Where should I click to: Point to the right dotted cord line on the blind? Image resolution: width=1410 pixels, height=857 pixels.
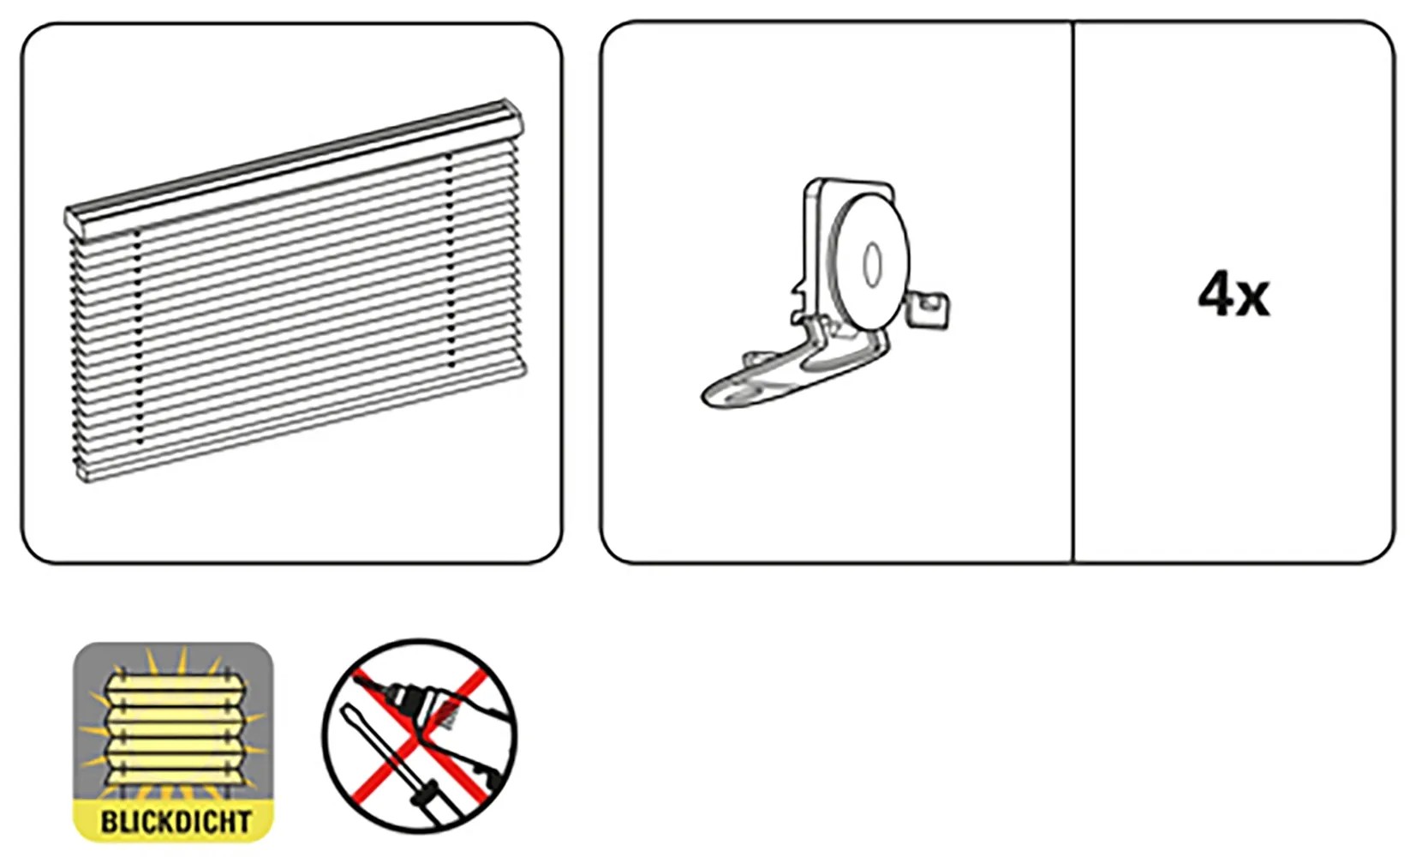click(x=450, y=261)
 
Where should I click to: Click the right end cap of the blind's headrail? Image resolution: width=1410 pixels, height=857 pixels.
click(x=512, y=116)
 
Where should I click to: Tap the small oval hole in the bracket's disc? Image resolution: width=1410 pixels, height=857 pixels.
click(x=872, y=265)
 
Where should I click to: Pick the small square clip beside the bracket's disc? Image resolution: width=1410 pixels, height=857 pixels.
click(x=929, y=309)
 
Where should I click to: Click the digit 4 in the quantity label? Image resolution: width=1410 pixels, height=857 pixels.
click(x=1216, y=294)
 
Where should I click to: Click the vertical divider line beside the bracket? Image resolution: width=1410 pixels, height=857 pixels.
click(x=1072, y=292)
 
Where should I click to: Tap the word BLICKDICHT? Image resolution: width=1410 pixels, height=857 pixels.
click(x=176, y=822)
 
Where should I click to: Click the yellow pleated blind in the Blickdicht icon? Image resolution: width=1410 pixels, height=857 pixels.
click(x=175, y=729)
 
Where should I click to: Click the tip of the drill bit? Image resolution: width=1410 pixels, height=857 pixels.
click(x=355, y=674)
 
